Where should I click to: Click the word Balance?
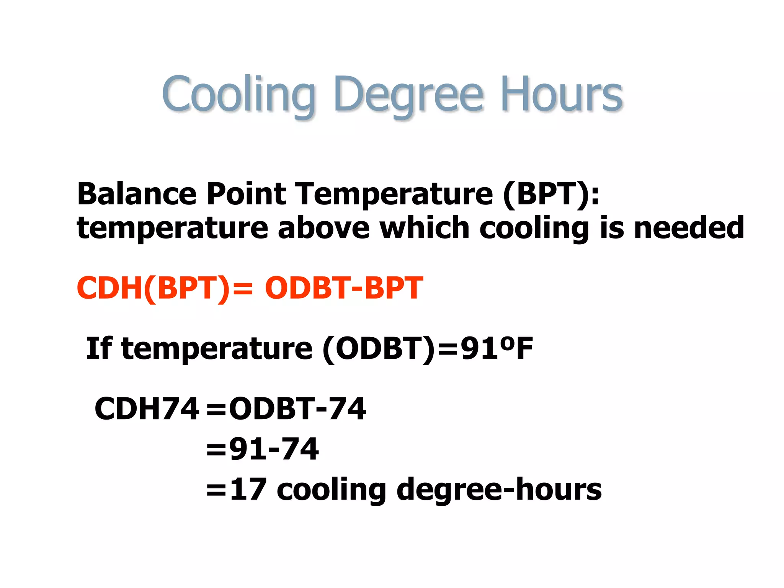click(137, 194)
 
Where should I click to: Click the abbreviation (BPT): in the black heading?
click(551, 194)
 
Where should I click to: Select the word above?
click(323, 228)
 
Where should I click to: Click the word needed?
click(689, 228)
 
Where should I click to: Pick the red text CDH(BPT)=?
click(165, 288)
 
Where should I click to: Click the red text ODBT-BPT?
click(344, 288)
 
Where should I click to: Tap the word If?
click(99, 348)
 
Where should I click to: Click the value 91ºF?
click(497, 348)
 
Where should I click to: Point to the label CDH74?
click(147, 409)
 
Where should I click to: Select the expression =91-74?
click(262, 449)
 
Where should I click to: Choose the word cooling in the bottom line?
click(331, 490)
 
